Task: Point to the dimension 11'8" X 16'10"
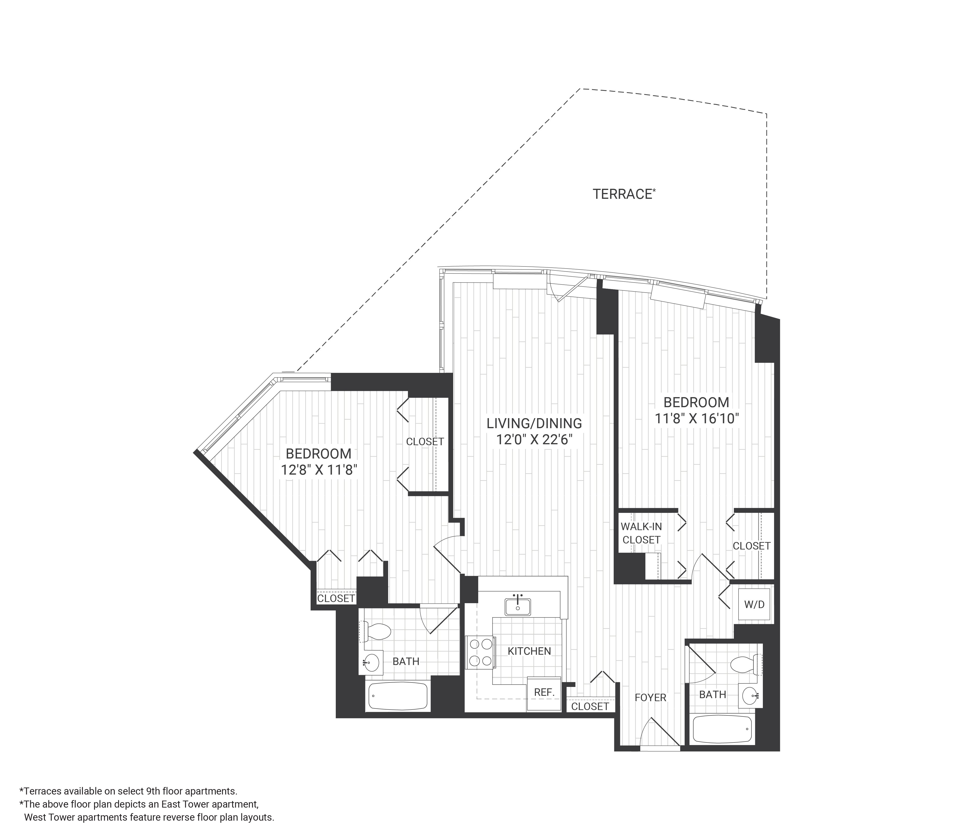pyautogui.click(x=697, y=419)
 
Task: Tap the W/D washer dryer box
pyautogui.click(x=754, y=604)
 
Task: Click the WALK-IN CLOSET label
pyautogui.click(x=641, y=533)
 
